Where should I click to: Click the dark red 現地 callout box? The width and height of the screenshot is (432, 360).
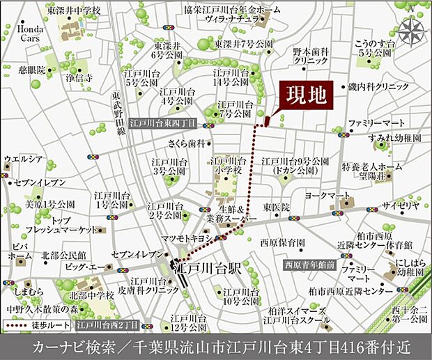click(x=307, y=96)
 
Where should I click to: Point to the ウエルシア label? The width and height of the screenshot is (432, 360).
click(x=23, y=159)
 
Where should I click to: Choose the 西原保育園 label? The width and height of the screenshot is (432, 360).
click(x=283, y=243)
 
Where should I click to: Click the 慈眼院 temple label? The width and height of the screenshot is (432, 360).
click(x=32, y=70)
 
